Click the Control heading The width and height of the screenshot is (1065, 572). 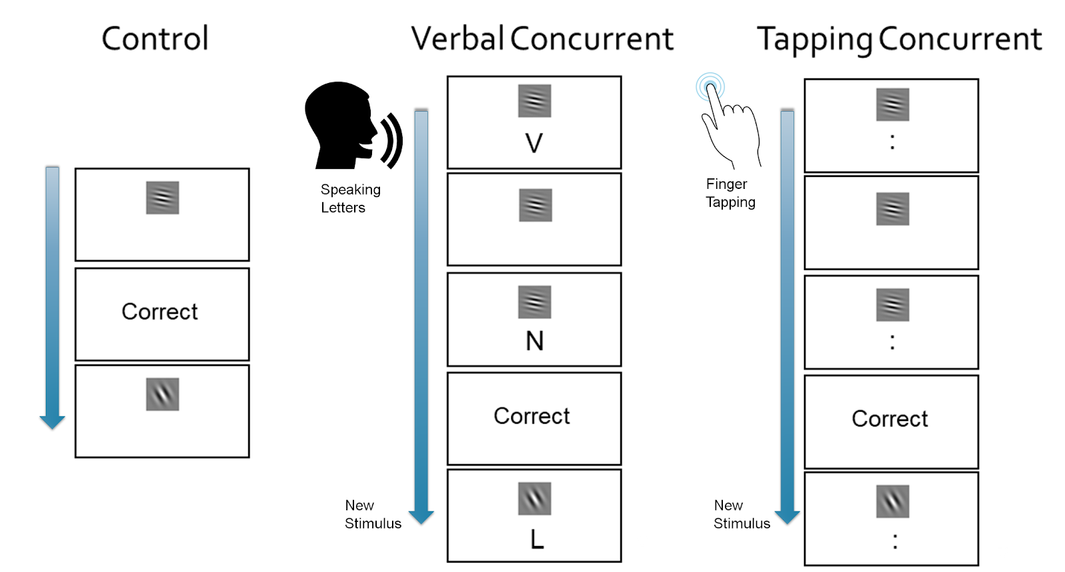(155, 39)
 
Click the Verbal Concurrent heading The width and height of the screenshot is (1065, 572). (542, 39)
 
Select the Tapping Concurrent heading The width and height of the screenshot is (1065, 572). (899, 39)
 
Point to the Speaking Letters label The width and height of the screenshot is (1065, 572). (350, 199)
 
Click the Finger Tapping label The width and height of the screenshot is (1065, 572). (730, 193)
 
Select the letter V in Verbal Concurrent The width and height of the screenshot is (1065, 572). (534, 143)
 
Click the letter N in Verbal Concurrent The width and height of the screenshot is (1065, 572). (534, 341)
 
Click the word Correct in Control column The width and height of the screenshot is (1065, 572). (160, 312)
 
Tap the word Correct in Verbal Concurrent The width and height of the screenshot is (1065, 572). (532, 416)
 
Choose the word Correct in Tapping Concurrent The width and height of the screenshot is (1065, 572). (889, 419)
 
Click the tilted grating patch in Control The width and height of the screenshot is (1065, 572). (162, 394)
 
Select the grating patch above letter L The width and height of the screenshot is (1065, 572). (534, 499)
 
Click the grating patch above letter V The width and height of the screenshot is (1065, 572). (534, 101)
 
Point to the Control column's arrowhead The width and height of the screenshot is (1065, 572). (53, 422)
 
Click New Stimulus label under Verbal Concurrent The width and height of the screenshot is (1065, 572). (373, 514)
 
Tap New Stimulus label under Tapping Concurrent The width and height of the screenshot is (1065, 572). (742, 514)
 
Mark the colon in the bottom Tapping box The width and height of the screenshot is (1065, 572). (895, 541)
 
